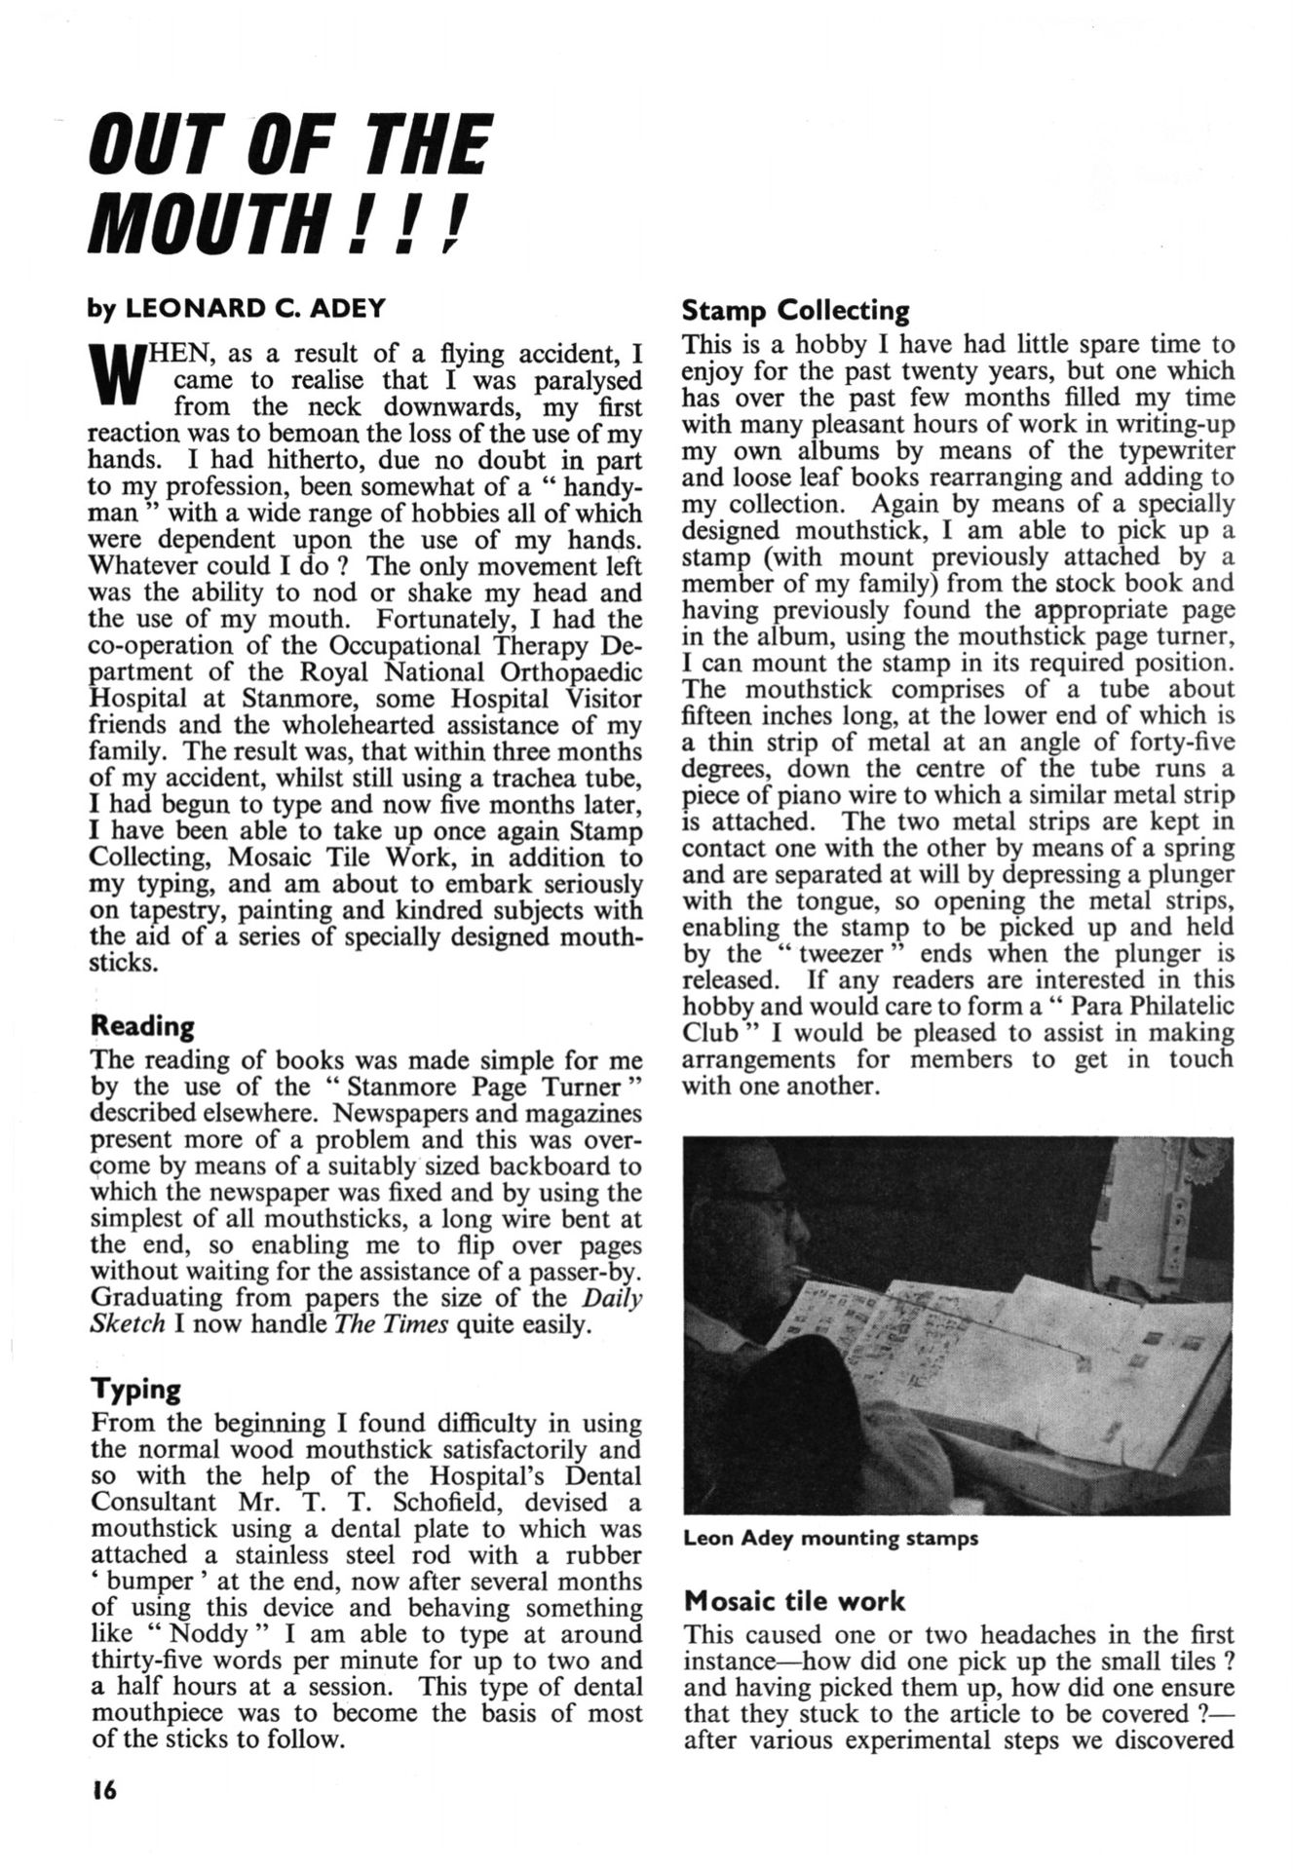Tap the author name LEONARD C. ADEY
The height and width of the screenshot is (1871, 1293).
click(254, 309)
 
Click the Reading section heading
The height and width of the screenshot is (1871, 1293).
click(141, 1026)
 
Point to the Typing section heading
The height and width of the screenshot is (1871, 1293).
click(134, 1390)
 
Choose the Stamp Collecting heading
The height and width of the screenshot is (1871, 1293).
click(795, 311)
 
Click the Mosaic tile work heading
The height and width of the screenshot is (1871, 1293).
click(794, 1601)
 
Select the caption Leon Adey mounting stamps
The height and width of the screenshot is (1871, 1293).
click(830, 1539)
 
